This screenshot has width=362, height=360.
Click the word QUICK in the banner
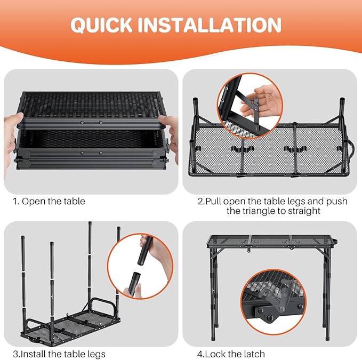pos(101,25)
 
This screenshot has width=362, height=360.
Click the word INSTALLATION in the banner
pos(210,25)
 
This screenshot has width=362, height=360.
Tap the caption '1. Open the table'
pos(49,202)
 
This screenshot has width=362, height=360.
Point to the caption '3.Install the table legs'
pos(59,354)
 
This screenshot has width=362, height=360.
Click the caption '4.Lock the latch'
pos(231,354)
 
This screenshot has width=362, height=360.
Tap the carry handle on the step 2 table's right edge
pos(351,148)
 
